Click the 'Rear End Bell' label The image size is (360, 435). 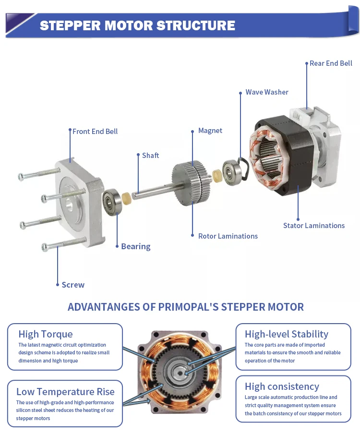pyautogui.click(x=331, y=63)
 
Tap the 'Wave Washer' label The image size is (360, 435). pyautogui.click(x=267, y=92)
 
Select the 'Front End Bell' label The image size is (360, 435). pyautogui.click(x=95, y=132)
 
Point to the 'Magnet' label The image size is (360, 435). pyautogui.click(x=210, y=131)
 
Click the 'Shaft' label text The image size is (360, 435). pyautogui.click(x=150, y=156)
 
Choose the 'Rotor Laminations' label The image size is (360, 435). pyautogui.click(x=228, y=236)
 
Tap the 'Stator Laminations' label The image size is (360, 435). pyautogui.click(x=314, y=226)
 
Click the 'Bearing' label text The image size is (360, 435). pyautogui.click(x=136, y=247)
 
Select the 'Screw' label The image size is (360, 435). pyautogui.click(x=73, y=285)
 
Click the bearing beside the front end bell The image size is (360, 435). pyautogui.click(x=111, y=202)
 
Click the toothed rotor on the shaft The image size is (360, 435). pyautogui.click(x=192, y=182)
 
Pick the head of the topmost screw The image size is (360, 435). pyautogui.click(x=21, y=176)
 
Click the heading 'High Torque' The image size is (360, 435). pyautogui.click(x=46, y=334)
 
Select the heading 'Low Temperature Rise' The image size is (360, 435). pyautogui.click(x=65, y=392)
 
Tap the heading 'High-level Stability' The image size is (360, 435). pyautogui.click(x=287, y=334)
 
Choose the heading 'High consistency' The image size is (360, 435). pyautogui.click(x=282, y=387)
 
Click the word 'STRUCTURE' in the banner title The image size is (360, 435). pyautogui.click(x=195, y=25)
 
